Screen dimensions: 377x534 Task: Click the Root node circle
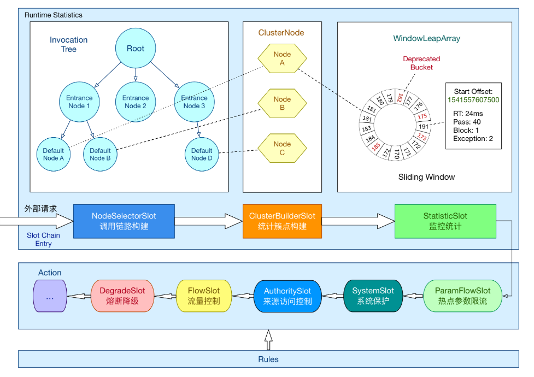tap(135, 49)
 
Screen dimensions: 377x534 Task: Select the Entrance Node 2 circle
tap(135, 102)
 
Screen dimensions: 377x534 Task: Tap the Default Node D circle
tap(202, 155)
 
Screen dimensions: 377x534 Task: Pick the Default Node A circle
tap(54, 155)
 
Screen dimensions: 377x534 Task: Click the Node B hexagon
tap(282, 103)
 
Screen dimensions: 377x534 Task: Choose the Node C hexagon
tap(282, 148)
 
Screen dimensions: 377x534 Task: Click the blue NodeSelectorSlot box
tap(124, 221)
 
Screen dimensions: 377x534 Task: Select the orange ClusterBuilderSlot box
tap(282, 221)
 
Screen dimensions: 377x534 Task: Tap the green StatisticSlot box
tap(445, 221)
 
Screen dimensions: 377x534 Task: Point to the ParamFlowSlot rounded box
tap(462, 296)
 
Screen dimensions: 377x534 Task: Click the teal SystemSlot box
tap(373, 296)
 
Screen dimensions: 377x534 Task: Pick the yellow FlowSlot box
tap(203, 296)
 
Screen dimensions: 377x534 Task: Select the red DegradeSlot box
tap(122, 296)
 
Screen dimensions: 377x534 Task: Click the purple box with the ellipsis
tap(50, 296)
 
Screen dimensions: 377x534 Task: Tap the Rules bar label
tap(268, 359)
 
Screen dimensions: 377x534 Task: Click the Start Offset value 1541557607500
tap(473, 100)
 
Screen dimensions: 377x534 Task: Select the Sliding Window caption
tap(426, 177)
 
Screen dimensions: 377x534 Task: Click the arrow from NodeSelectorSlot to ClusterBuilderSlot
tap(208, 221)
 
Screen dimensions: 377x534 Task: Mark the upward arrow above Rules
tap(268, 340)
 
